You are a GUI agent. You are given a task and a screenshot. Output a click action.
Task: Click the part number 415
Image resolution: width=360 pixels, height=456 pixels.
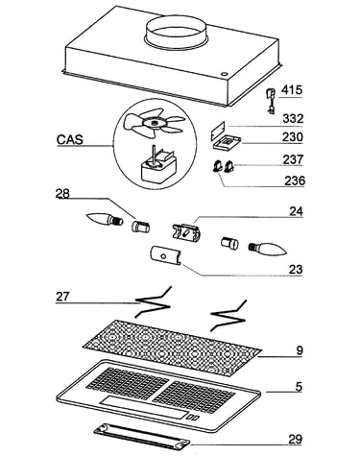click(x=292, y=90)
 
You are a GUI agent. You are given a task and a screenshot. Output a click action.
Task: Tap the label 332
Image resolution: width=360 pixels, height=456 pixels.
click(x=293, y=119)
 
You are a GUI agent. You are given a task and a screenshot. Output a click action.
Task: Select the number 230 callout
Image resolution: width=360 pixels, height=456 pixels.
click(x=292, y=137)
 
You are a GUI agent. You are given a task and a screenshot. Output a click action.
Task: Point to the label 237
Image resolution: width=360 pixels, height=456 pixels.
click(x=293, y=159)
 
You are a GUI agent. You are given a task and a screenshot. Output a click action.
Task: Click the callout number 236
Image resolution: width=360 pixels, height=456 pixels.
click(x=295, y=180)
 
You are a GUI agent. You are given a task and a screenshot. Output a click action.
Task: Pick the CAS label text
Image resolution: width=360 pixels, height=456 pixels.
click(x=70, y=140)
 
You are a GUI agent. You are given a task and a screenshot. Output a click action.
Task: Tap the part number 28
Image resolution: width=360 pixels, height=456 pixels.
click(x=62, y=194)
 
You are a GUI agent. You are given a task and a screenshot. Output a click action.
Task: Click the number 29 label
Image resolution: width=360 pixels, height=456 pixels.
click(x=295, y=440)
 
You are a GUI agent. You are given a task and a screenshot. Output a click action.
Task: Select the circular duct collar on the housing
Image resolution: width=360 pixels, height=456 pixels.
click(x=178, y=32)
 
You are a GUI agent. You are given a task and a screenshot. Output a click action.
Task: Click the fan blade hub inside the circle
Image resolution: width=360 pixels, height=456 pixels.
click(x=155, y=123)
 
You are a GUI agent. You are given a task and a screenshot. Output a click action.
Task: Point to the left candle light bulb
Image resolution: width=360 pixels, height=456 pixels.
click(x=105, y=220)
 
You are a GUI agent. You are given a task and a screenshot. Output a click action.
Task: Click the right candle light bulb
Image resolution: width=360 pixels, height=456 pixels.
click(x=268, y=249)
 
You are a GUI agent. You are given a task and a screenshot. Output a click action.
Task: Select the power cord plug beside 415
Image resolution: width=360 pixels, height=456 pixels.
click(x=271, y=102)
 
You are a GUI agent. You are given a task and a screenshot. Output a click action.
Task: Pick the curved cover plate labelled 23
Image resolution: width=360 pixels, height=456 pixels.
click(x=165, y=255)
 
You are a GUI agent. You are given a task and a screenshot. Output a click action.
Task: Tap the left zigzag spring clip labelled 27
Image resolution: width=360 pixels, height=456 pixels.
click(x=154, y=301)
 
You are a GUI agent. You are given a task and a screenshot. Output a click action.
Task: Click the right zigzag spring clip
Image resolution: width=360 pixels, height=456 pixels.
click(x=228, y=315)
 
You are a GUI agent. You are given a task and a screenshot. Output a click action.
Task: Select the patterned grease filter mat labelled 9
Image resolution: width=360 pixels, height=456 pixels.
click(x=172, y=347)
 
